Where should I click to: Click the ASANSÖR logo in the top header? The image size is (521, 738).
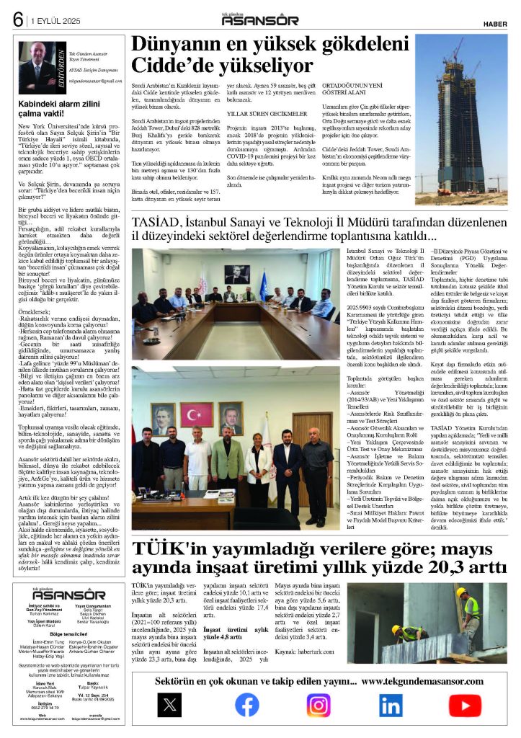[260, 20]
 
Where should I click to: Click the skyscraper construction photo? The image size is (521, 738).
[460, 119]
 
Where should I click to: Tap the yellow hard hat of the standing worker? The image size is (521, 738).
[460, 592]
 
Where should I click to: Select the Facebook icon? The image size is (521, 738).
[246, 703]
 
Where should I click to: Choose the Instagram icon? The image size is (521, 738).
[319, 703]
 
